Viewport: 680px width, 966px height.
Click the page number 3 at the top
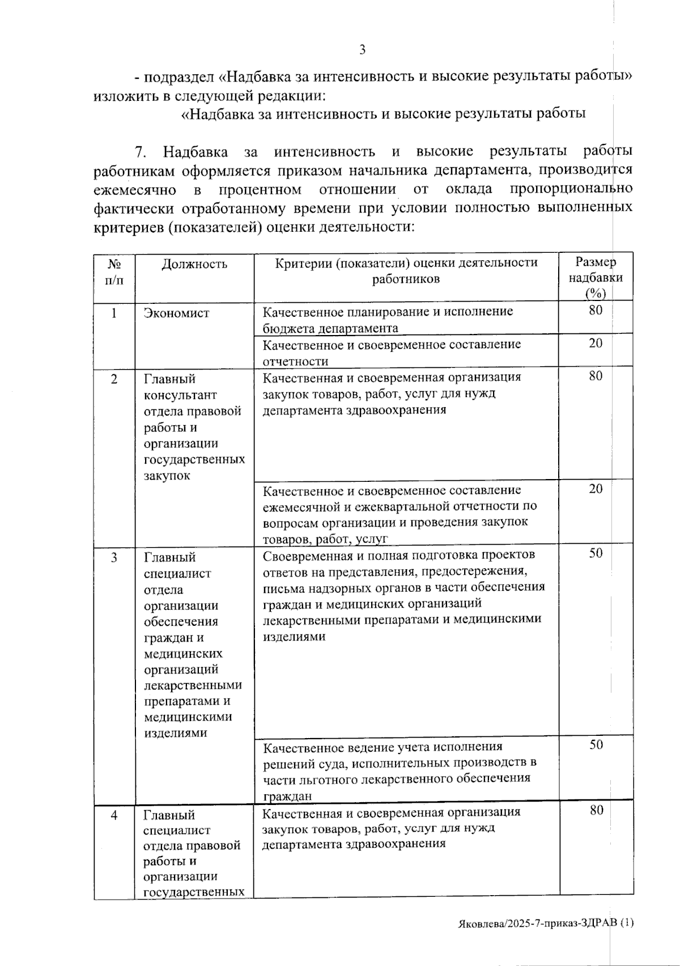tap(362, 50)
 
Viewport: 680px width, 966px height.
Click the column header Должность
tap(194, 264)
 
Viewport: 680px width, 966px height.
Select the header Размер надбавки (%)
tap(596, 277)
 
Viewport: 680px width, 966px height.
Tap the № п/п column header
tap(114, 272)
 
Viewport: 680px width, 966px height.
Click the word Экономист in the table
tap(176, 313)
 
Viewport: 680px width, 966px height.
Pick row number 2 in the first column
tap(114, 379)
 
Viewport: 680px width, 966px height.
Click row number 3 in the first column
tap(114, 557)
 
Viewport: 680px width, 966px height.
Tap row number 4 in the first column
tap(114, 815)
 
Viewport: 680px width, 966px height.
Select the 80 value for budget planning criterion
tap(596, 310)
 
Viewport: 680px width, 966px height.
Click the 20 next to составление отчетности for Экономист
tap(596, 343)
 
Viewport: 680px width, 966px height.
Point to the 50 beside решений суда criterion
tap(596, 744)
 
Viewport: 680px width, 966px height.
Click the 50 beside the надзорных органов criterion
tap(596, 553)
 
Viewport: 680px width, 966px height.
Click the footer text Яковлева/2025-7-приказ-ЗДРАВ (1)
tap(546, 922)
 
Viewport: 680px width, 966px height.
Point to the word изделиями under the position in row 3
tap(175, 733)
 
